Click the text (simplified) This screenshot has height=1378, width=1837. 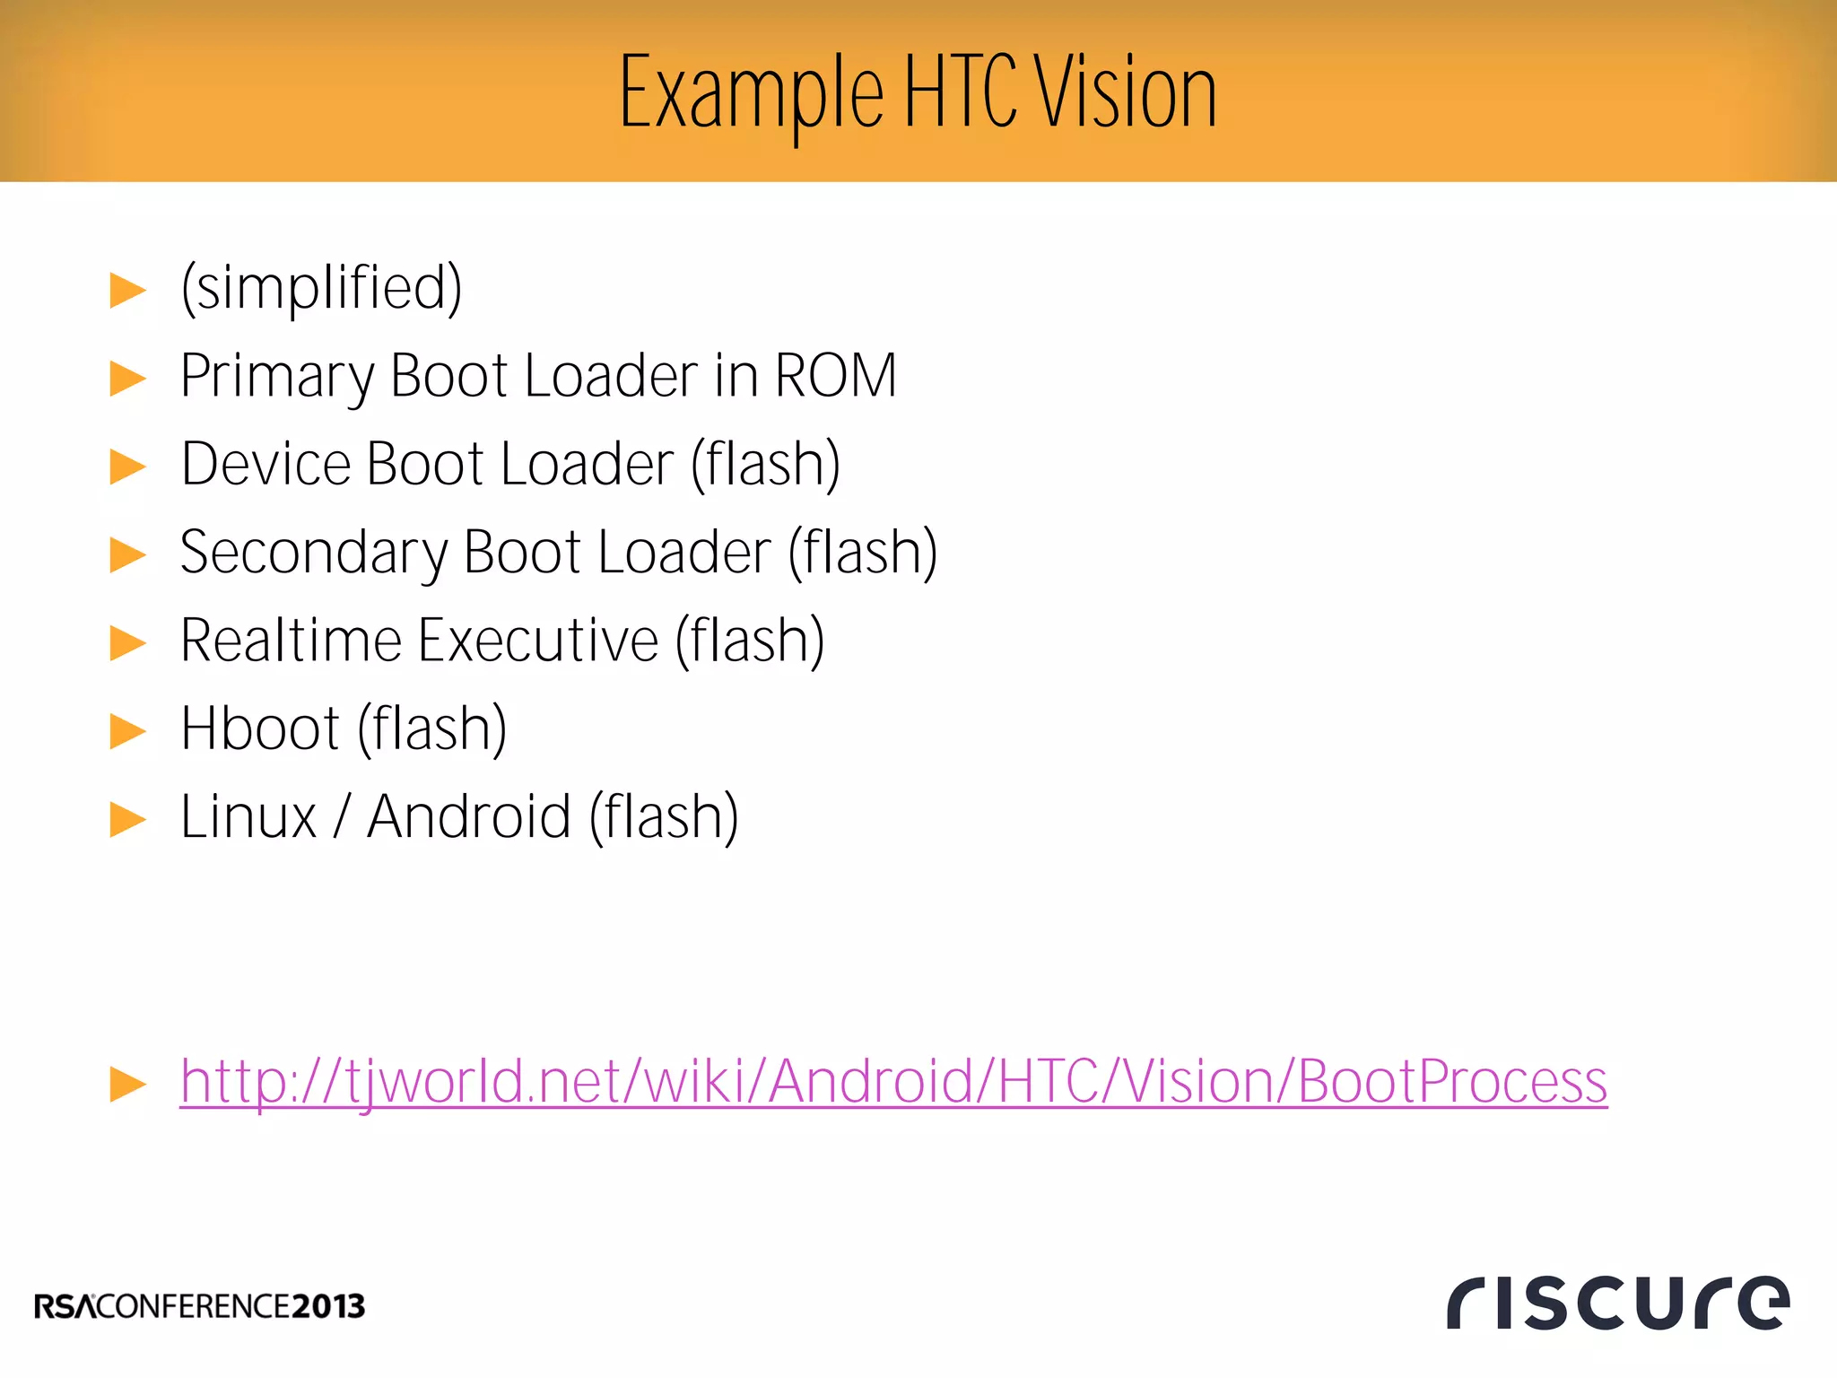tap(321, 288)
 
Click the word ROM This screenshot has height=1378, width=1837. tap(835, 375)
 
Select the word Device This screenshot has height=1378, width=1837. tap(266, 464)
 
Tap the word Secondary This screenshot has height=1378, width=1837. tap(313, 553)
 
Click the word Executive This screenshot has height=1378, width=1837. tap(538, 641)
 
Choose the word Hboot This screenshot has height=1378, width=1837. tap(260, 728)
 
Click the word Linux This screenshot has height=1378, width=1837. tap(248, 817)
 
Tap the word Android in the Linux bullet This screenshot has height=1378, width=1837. tap(469, 817)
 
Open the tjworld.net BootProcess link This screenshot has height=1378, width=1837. tap(893, 1082)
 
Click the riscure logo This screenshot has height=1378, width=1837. tap(1617, 1302)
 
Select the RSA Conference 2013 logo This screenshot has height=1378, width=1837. tap(200, 1306)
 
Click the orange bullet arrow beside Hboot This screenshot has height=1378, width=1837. tap(127, 730)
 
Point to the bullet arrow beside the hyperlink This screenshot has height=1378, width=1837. tap(127, 1084)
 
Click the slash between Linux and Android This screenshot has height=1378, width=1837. tap(341, 817)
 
